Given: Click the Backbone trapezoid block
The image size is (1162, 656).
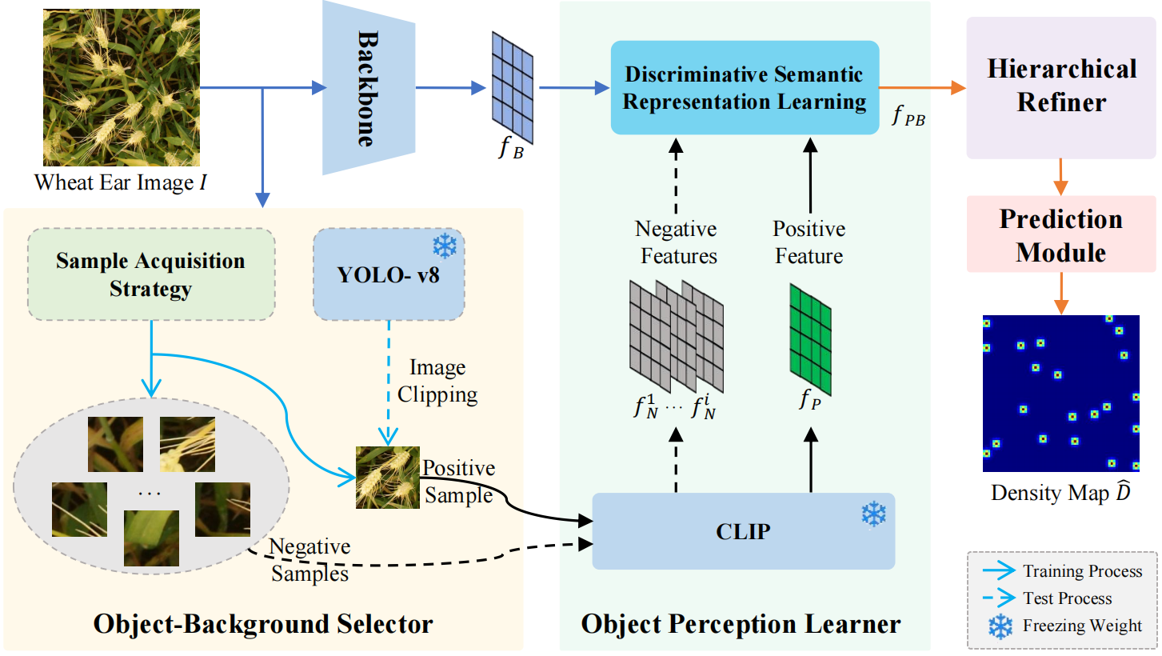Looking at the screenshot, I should tap(367, 87).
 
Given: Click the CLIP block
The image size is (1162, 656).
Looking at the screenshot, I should tap(743, 531).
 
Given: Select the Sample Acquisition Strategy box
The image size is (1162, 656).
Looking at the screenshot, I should tap(151, 275).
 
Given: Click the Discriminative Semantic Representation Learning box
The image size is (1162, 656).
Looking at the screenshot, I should tap(745, 88).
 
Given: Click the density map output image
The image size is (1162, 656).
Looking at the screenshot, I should tap(1060, 393).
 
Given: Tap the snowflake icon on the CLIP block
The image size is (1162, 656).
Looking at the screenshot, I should tap(873, 514).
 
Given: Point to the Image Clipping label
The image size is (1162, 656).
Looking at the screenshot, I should tap(437, 381).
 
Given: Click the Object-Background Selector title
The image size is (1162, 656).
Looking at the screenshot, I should tap(263, 624).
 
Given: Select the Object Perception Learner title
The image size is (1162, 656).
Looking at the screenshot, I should tap(741, 624).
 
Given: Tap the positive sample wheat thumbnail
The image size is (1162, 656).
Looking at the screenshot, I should tap(388, 477).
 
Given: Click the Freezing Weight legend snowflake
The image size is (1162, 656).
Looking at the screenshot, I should tap(1000, 626).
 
